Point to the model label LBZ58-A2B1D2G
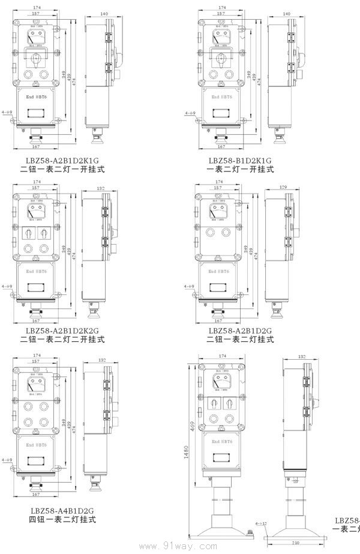click(x=240, y=330)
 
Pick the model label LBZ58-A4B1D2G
click(x=62, y=511)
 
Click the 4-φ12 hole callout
click(x=262, y=523)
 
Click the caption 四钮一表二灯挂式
click(x=62, y=520)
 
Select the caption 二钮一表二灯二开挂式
click(x=62, y=339)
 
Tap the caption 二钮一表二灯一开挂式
click(x=62, y=170)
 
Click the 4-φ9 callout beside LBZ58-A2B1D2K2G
click(x=7, y=287)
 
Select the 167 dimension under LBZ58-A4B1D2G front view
click(x=37, y=494)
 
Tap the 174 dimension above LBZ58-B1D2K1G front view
click(x=221, y=6)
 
